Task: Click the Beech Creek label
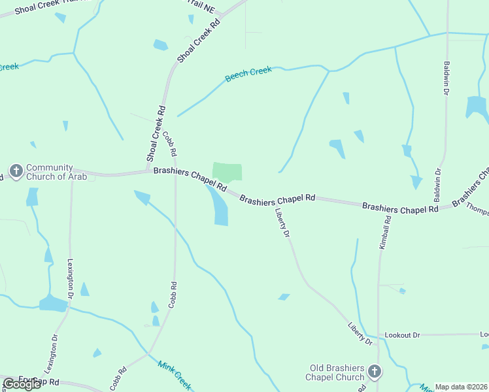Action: tap(248, 74)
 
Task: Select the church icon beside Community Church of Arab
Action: tap(16, 172)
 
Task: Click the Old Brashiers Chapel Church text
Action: tap(335, 372)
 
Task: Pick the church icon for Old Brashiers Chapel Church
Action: tap(375, 372)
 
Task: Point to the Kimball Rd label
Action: tap(385, 233)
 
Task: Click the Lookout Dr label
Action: tap(402, 335)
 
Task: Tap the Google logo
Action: tap(22, 384)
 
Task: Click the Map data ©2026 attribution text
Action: tap(462, 387)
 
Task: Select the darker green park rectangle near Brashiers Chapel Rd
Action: tap(227, 172)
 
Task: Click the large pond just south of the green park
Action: tap(218, 206)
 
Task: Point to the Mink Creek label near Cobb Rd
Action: tap(174, 373)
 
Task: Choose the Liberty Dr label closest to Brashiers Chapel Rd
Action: tap(282, 222)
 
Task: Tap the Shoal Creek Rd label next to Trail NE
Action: tap(199, 41)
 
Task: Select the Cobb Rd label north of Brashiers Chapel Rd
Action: tap(169, 143)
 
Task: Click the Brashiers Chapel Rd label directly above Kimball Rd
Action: tap(400, 208)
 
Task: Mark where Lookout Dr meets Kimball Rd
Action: tap(379, 335)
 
